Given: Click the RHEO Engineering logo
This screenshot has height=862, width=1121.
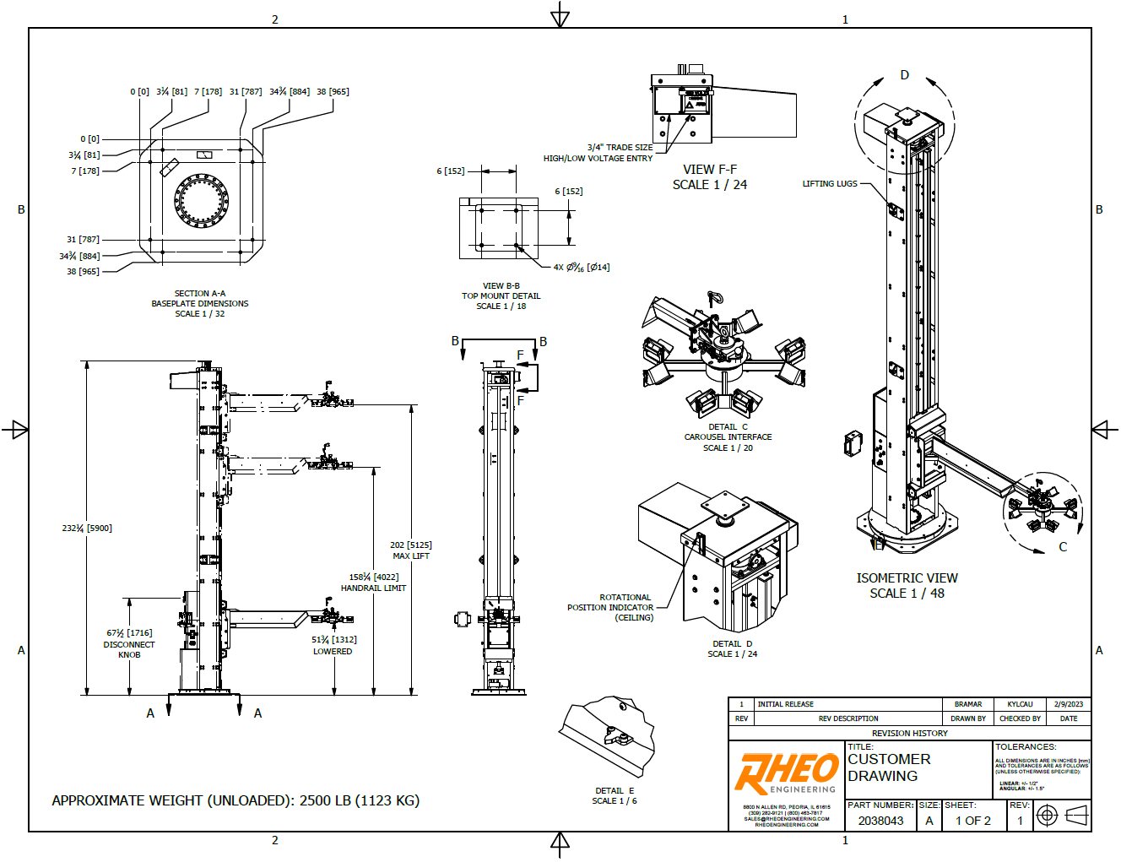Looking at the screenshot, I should pos(786,773).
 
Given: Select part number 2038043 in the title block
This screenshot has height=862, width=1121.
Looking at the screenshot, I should pos(880,821).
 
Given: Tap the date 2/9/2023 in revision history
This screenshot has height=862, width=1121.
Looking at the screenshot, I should pos(1068,704).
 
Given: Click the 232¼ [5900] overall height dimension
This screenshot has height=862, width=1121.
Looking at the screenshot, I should pos(87,529).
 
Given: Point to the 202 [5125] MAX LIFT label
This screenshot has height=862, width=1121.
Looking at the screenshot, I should pos(411,550).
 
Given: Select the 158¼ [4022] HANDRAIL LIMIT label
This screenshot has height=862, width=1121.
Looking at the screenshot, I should pos(373,583).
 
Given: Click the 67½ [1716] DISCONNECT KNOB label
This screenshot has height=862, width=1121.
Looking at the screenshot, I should pos(129,643).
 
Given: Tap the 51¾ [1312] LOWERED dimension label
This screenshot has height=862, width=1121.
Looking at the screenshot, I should pos(333,645).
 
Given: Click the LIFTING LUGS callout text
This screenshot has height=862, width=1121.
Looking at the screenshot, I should pos(829,183).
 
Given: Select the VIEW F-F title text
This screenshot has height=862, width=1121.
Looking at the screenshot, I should pos(710,170).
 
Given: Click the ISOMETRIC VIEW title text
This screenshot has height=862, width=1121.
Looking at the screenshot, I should pos(907,578).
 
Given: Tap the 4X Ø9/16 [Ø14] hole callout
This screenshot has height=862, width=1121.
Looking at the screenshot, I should pos(582,267).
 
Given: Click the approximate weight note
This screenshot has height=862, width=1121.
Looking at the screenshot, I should pos(236,800).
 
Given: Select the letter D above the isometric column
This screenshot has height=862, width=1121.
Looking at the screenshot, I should pos(905,75).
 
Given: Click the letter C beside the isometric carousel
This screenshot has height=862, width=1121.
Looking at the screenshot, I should pos(1063,547).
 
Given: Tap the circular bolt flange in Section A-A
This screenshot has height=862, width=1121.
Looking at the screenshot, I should pos(202,200).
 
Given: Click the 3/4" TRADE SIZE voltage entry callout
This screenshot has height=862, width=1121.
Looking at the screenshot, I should pos(598,153).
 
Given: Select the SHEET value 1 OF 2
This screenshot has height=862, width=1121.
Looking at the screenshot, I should pos(972,821).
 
